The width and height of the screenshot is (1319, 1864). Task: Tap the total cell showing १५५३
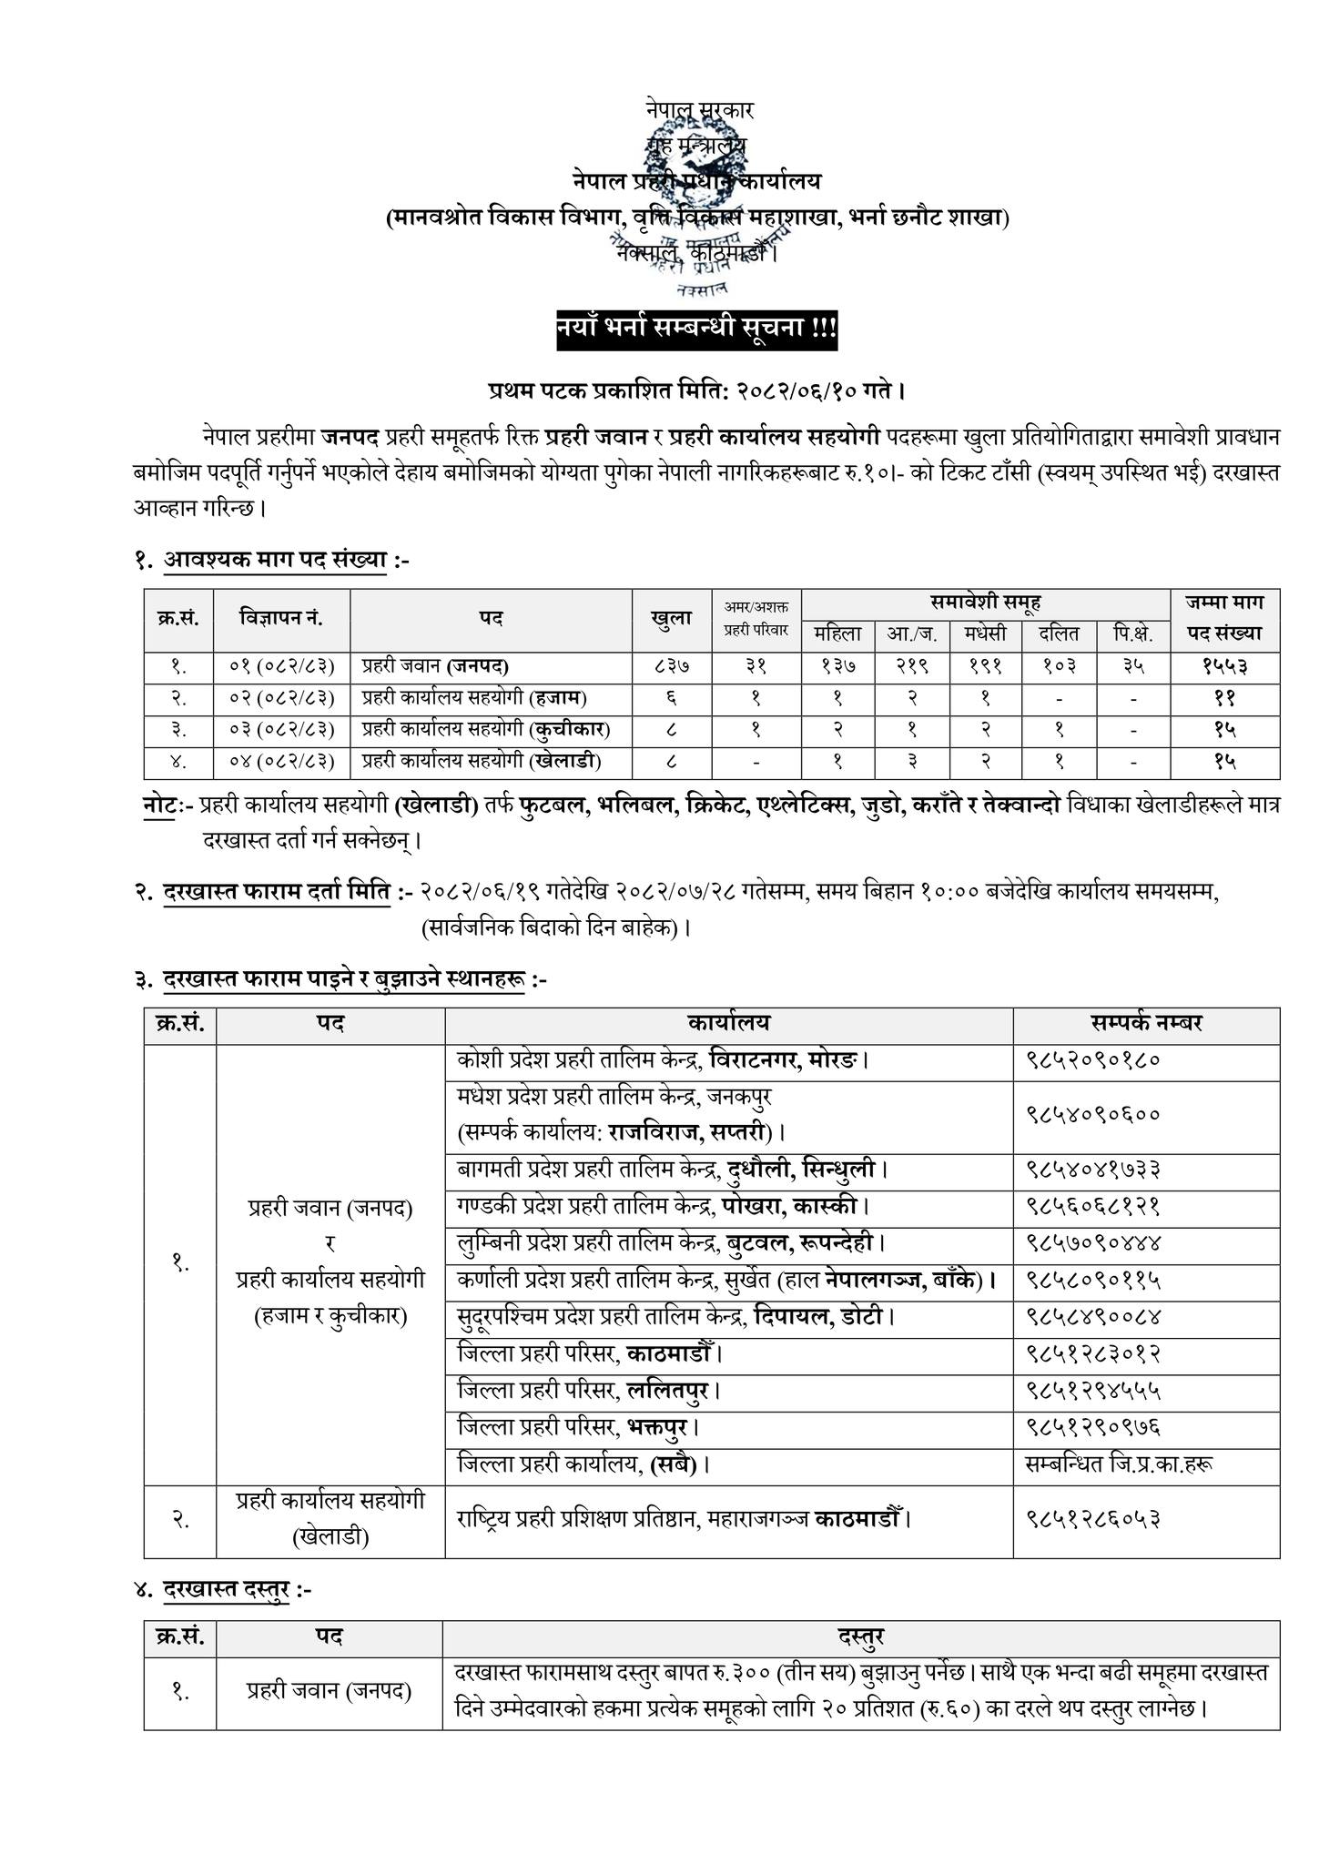tap(1223, 666)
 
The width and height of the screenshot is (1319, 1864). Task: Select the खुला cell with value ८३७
tap(672, 666)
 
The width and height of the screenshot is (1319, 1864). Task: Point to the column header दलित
tap(1057, 634)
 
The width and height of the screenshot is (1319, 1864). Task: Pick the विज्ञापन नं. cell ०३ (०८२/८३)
tap(282, 729)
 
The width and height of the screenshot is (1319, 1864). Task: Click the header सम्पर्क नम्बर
tap(1146, 1023)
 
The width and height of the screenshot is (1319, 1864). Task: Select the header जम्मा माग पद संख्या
tap(1223, 618)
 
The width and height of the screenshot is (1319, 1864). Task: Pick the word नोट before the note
tap(159, 805)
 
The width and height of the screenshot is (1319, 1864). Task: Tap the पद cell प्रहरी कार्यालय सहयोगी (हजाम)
tap(474, 698)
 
